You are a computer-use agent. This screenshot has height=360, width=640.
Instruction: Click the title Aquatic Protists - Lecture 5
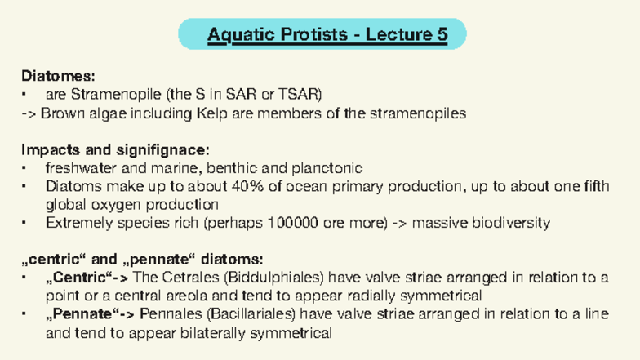coord(327,35)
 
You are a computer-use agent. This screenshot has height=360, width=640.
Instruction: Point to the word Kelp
coord(211,113)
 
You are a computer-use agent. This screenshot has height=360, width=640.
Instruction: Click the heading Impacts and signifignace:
coord(115,150)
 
